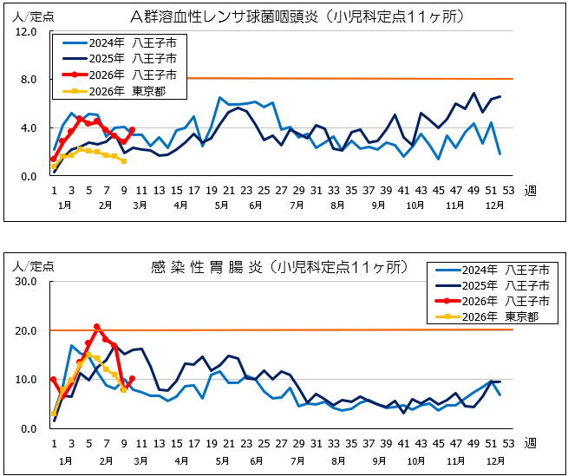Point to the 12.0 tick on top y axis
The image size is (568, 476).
point(25,32)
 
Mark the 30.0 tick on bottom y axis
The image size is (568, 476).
point(25,283)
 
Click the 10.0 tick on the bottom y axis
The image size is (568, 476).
point(25,380)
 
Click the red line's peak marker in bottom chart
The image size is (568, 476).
point(96,327)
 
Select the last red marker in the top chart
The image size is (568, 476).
point(132,130)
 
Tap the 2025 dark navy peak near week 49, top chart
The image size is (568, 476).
point(473,94)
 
